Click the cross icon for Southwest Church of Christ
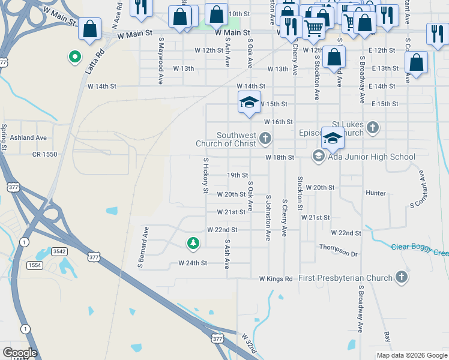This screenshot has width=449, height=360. click(x=265, y=139)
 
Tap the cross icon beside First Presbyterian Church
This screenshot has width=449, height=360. click(x=402, y=277)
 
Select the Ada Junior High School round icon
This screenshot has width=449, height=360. click(x=318, y=157)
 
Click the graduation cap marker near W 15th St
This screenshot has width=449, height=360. click(x=249, y=102)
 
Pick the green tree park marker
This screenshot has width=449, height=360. click(x=193, y=243)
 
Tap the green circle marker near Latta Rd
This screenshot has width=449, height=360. click(x=75, y=57)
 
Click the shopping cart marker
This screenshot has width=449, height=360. click(x=313, y=27)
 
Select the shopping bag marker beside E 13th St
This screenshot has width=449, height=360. click(x=416, y=62)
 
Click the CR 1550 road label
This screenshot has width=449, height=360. click(x=44, y=154)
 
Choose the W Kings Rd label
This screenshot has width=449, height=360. click(x=276, y=279)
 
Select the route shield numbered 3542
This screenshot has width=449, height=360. click(x=59, y=252)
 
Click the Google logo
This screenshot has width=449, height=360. click(x=19, y=353)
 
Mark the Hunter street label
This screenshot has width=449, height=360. click(x=375, y=193)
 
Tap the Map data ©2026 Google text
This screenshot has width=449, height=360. click(x=411, y=355)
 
